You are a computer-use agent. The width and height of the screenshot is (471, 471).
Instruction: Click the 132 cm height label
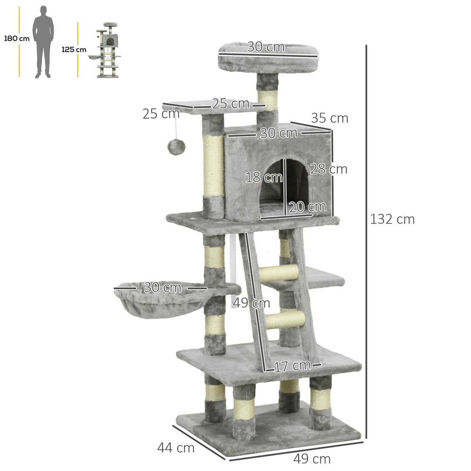(x=392, y=219)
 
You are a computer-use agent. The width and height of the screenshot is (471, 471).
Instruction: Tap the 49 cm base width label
(x=312, y=458)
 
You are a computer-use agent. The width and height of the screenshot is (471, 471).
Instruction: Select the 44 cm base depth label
(x=176, y=447)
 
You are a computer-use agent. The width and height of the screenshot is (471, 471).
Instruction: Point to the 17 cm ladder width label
(x=292, y=366)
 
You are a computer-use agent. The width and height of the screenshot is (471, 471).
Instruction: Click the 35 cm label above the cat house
(x=330, y=118)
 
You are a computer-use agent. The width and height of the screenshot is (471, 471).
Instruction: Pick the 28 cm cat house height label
(x=329, y=169)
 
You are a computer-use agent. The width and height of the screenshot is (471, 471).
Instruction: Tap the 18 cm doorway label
(x=264, y=177)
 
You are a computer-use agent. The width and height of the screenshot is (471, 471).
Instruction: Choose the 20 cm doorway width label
(x=308, y=206)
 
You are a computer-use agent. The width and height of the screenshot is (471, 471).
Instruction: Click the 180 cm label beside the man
(x=16, y=38)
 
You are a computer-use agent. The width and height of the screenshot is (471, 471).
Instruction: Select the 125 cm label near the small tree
(x=73, y=49)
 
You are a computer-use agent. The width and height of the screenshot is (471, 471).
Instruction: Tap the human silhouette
(x=42, y=42)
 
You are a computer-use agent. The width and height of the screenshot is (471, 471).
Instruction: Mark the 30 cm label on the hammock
(x=162, y=288)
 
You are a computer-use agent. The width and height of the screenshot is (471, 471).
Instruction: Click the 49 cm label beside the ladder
(x=251, y=303)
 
